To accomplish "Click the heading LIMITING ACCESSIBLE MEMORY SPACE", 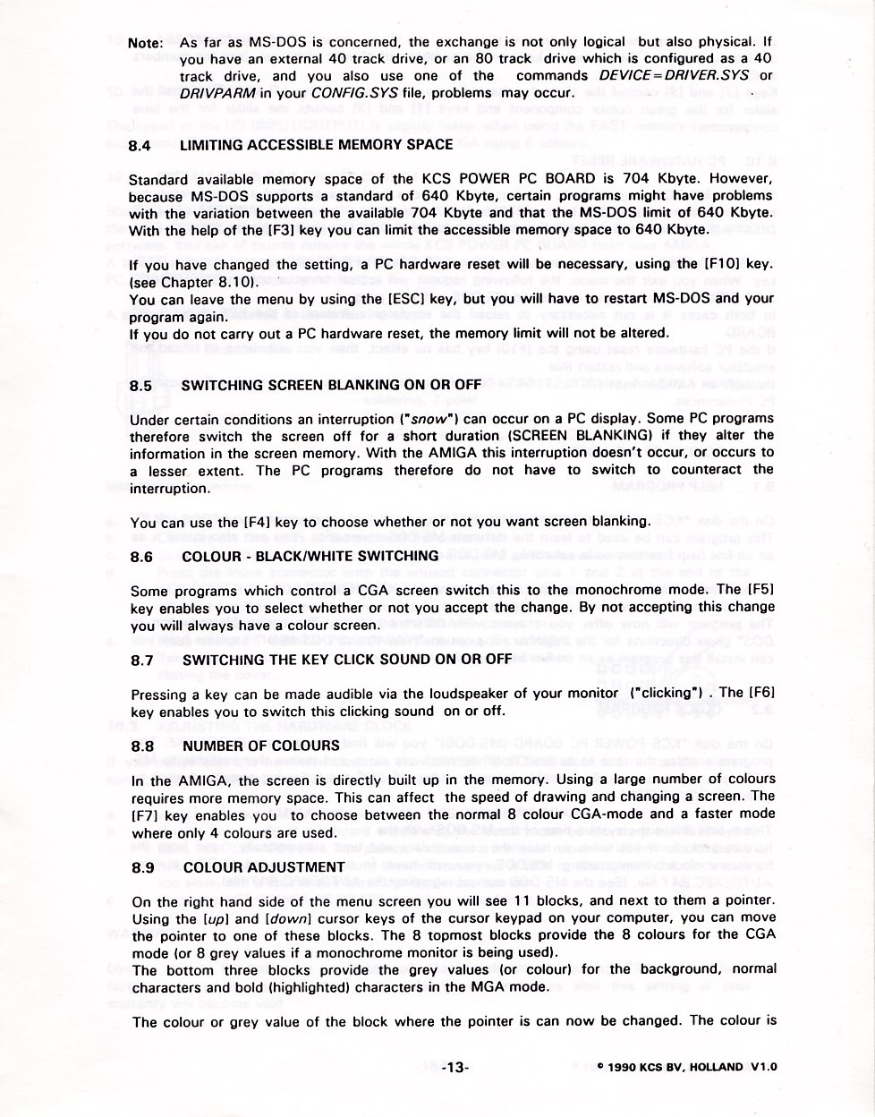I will click(x=317, y=145).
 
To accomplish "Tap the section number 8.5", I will click(x=141, y=386).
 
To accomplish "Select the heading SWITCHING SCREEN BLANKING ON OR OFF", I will click(x=332, y=386).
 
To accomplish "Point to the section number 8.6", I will click(x=141, y=556).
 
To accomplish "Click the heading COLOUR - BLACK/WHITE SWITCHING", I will click(x=310, y=556).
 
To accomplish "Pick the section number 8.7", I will click(x=142, y=661).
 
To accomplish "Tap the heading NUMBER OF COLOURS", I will click(x=261, y=746).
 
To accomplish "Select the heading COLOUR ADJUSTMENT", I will click(x=264, y=867).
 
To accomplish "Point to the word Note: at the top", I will click(x=145, y=43).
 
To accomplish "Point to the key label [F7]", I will click(x=146, y=815).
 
